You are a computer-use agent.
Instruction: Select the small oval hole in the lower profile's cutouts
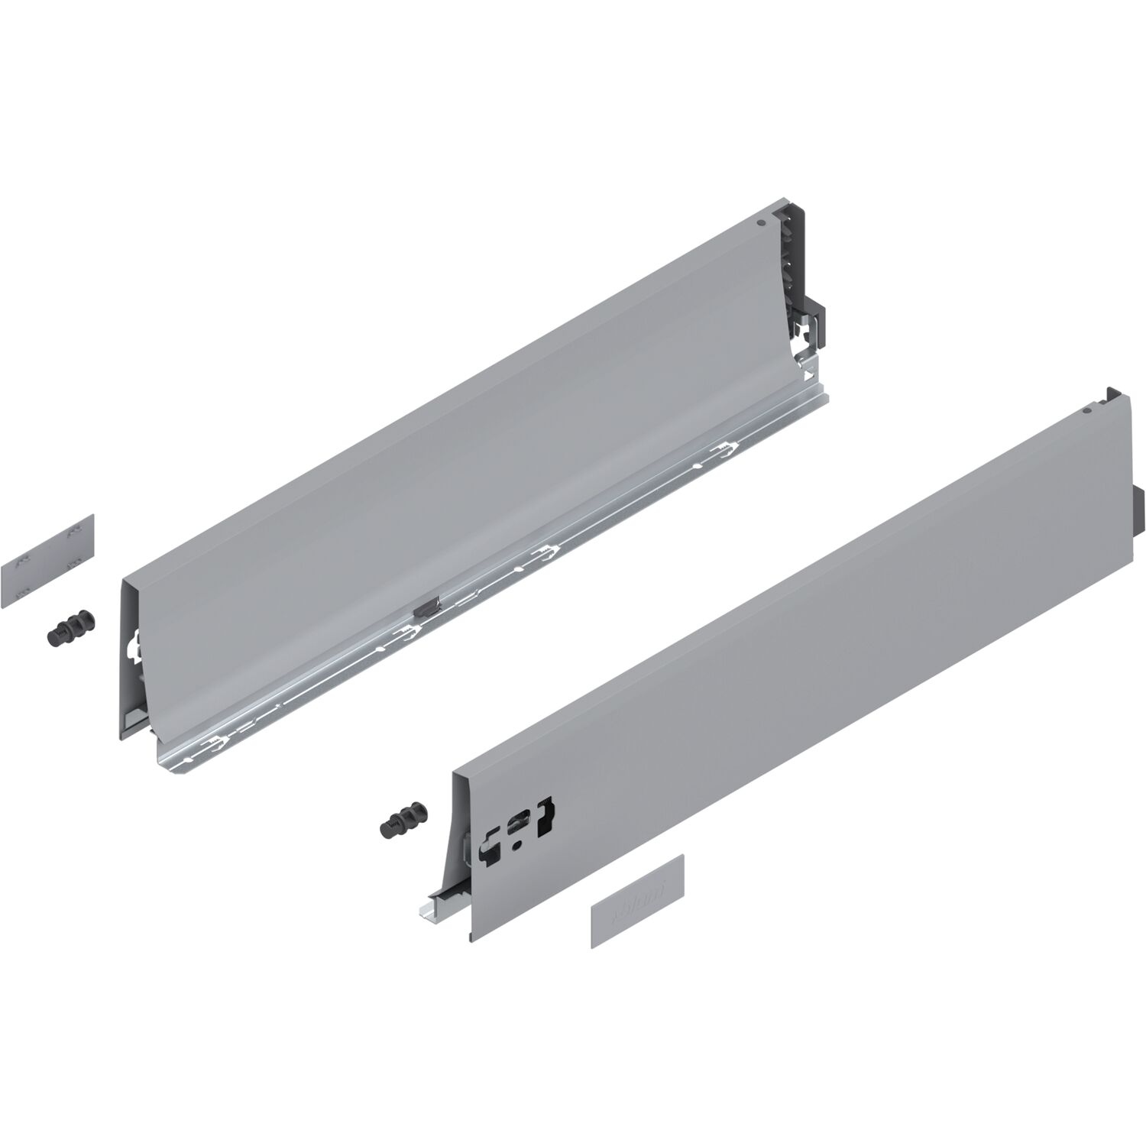click(520, 843)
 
